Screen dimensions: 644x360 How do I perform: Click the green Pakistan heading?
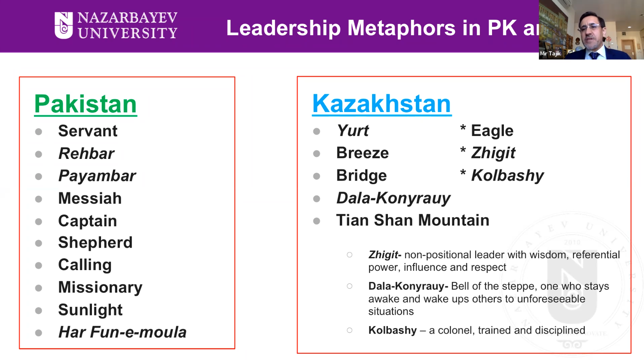pos(85,104)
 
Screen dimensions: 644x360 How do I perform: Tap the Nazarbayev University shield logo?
pos(64,25)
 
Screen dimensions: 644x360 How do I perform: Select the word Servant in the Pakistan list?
pos(88,131)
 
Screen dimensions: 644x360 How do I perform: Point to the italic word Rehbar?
pos(86,153)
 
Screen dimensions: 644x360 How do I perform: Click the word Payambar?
pos(97,176)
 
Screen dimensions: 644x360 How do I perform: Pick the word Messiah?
pos(90,198)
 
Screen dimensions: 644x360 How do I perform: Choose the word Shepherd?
pos(95,242)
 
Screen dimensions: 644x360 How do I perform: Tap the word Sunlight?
pos(90,310)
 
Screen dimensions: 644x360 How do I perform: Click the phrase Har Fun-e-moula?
pos(122,332)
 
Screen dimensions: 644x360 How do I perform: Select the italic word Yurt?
pos(352,131)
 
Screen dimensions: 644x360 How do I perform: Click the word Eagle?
pos(492,131)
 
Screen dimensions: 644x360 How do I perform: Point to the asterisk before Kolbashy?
pos(463,173)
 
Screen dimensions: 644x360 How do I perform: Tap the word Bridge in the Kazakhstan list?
pos(361,175)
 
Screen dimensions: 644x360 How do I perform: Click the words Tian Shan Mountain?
pos(413,220)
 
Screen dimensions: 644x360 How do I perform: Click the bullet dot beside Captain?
pos(39,222)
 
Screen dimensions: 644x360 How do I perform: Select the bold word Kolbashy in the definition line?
pos(392,330)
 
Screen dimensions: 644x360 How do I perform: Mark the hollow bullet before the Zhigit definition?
pos(350,255)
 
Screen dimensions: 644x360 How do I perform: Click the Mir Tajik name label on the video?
pos(550,54)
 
